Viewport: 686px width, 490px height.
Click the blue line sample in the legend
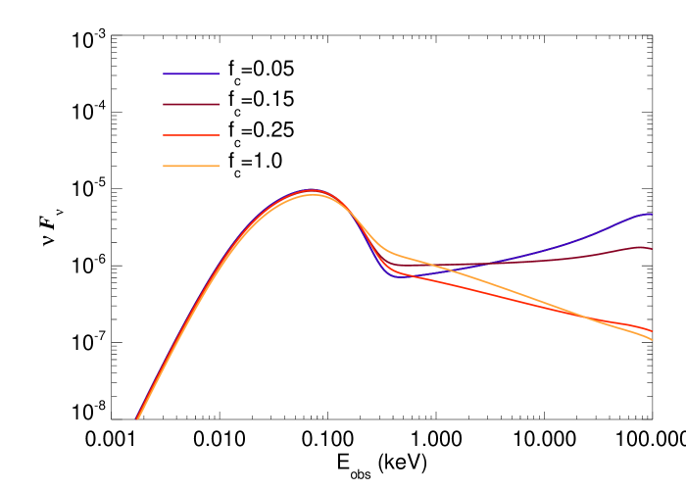[191, 73]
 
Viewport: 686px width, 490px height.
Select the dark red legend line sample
[191, 104]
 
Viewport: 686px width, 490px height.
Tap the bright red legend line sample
[191, 135]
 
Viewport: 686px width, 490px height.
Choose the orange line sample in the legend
[191, 166]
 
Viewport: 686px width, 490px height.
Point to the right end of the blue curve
[651, 214]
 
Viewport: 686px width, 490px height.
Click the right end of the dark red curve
[651, 249]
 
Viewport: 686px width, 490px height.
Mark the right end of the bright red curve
[651, 331]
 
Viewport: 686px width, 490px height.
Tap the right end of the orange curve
[651, 339]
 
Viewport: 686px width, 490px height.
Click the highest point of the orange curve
[312, 194]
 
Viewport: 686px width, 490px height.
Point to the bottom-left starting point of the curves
[137, 418]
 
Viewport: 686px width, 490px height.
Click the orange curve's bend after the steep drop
[390, 252]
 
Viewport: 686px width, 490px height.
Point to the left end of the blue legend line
[164, 73]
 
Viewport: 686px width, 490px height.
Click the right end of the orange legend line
[220, 166]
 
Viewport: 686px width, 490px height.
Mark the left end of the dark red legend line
[164, 104]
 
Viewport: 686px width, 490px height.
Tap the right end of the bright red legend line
[220, 135]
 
